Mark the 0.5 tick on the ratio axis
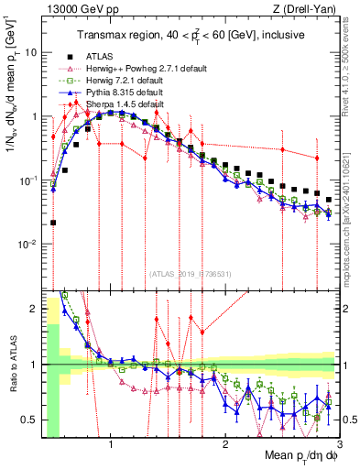click(30, 420)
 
